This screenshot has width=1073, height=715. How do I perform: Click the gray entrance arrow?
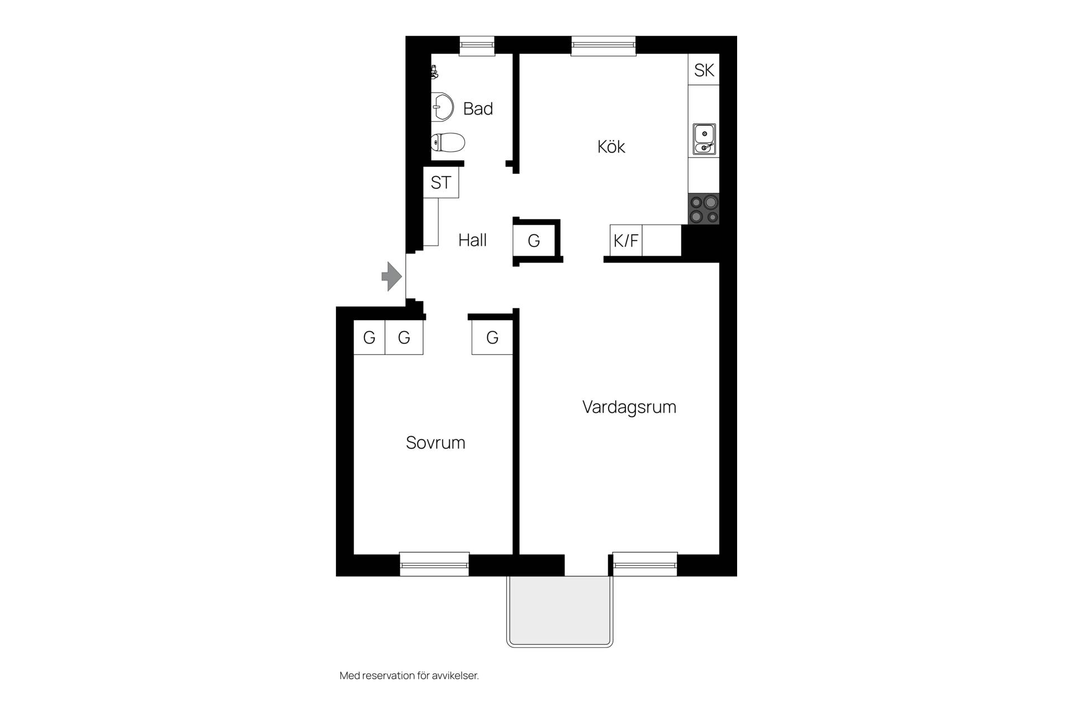(392, 276)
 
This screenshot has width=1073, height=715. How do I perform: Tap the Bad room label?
(478, 108)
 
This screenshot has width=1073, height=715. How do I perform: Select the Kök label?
(611, 146)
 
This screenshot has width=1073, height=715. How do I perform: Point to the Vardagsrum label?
(629, 407)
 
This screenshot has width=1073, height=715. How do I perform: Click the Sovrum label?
(435, 442)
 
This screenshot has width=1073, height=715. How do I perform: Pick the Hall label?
(472, 240)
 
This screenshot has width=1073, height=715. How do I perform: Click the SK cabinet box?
(704, 69)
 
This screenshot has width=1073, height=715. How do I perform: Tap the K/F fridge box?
(626, 240)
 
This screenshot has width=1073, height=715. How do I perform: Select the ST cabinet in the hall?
(441, 182)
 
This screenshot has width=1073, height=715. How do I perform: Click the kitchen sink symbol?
(705, 139)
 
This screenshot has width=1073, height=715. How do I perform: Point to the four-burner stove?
(704, 209)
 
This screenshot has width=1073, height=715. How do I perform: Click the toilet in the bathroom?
(448, 142)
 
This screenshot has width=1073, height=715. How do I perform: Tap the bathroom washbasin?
(443, 106)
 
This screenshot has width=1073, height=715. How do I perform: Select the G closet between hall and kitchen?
(534, 240)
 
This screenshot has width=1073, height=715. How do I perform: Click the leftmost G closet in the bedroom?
(369, 337)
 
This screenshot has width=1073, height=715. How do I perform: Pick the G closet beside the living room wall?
(492, 337)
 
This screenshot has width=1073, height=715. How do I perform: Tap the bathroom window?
(477, 46)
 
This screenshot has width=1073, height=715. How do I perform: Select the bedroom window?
(434, 564)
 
